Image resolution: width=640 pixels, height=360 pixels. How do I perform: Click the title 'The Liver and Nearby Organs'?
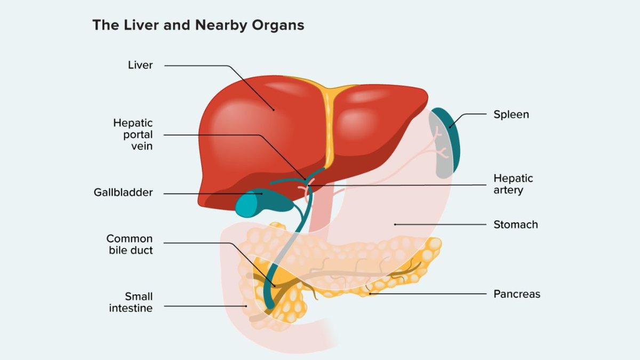click(198, 25)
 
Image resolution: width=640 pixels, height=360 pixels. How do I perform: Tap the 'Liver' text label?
click(140, 65)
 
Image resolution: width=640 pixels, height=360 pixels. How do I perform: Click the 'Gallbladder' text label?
click(123, 193)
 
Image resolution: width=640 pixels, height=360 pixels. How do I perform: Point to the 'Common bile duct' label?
click(130, 244)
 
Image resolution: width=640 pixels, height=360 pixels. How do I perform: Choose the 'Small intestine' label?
click(131, 302)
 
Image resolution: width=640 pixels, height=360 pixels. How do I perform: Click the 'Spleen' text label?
click(511, 114)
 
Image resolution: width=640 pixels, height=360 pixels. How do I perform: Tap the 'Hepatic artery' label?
click(513, 184)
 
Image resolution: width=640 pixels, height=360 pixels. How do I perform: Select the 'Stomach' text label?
click(515, 225)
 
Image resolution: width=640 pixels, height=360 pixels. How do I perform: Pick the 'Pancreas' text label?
click(516, 294)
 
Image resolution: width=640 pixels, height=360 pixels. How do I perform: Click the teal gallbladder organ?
click(251, 203)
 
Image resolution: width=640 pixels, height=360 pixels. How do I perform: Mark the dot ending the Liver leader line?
click(274, 110)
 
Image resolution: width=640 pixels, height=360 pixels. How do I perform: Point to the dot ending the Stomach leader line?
click(395, 225)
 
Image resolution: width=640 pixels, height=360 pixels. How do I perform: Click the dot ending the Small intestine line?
click(245, 306)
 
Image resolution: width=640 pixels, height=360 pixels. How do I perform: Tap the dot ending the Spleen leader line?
click(450, 127)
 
